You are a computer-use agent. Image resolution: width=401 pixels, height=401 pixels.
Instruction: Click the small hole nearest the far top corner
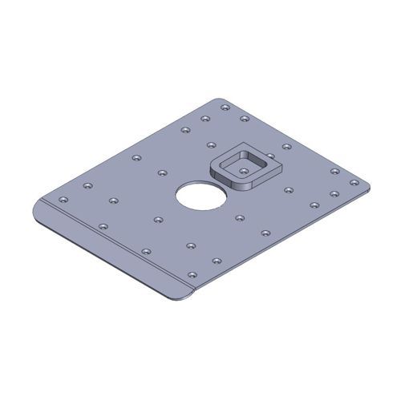(225, 107)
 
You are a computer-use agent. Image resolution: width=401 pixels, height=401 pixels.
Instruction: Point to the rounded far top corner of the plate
(221, 100)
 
